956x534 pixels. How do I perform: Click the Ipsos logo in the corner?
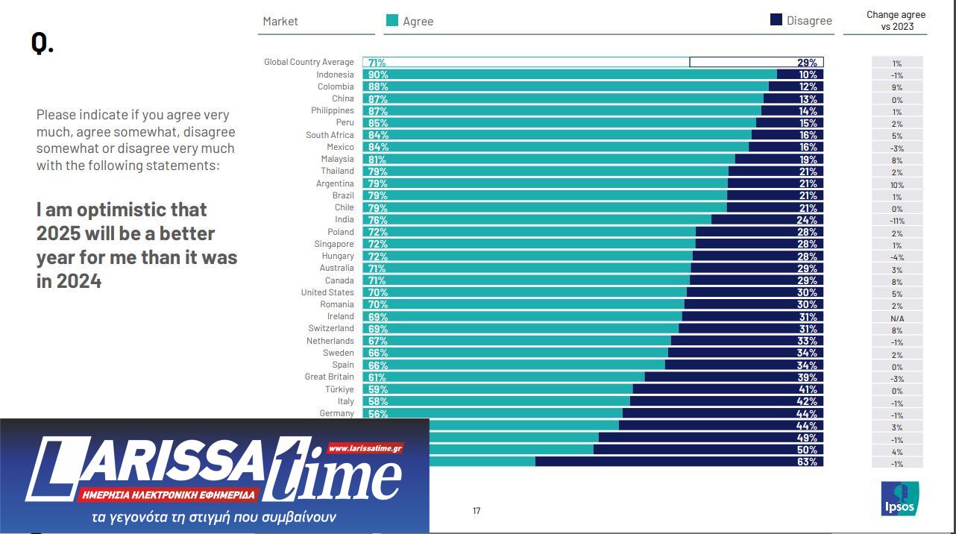(899, 498)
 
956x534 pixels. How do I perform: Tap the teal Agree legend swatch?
(391, 21)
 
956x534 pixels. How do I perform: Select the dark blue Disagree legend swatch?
(776, 20)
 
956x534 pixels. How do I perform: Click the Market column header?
(280, 22)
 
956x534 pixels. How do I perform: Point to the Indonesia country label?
(335, 75)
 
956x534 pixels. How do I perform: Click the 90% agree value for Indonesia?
(378, 75)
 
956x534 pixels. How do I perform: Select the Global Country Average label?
(309, 62)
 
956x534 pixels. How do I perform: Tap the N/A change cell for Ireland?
(897, 318)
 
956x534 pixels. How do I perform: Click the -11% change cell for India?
(897, 221)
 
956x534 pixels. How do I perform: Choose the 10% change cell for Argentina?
(897, 185)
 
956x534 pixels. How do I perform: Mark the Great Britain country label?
(329, 377)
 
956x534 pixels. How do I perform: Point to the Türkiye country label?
(339, 389)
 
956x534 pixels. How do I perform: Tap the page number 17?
(477, 511)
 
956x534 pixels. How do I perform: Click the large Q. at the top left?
(43, 43)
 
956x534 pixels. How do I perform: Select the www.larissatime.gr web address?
(365, 448)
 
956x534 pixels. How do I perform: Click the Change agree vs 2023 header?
(896, 21)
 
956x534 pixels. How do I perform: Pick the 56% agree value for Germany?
(378, 414)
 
